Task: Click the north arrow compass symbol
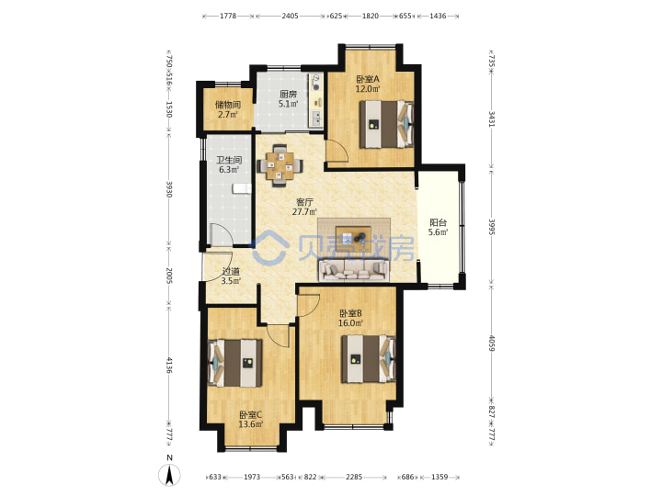tap(169, 475)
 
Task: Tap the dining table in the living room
tap(280, 165)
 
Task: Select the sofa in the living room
tap(353, 270)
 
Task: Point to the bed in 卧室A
tap(386, 124)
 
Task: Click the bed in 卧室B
tap(368, 359)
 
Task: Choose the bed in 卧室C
tap(235, 363)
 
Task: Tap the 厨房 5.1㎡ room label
tap(289, 99)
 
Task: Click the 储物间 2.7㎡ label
tap(228, 109)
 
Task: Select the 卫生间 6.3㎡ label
tap(229, 165)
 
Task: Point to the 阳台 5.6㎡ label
tap(439, 228)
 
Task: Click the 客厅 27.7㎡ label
tap(304, 207)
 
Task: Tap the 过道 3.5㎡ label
tap(231, 276)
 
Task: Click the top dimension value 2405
tap(290, 16)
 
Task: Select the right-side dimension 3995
tap(491, 227)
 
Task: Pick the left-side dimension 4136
tap(169, 366)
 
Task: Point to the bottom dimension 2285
tap(354, 477)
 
